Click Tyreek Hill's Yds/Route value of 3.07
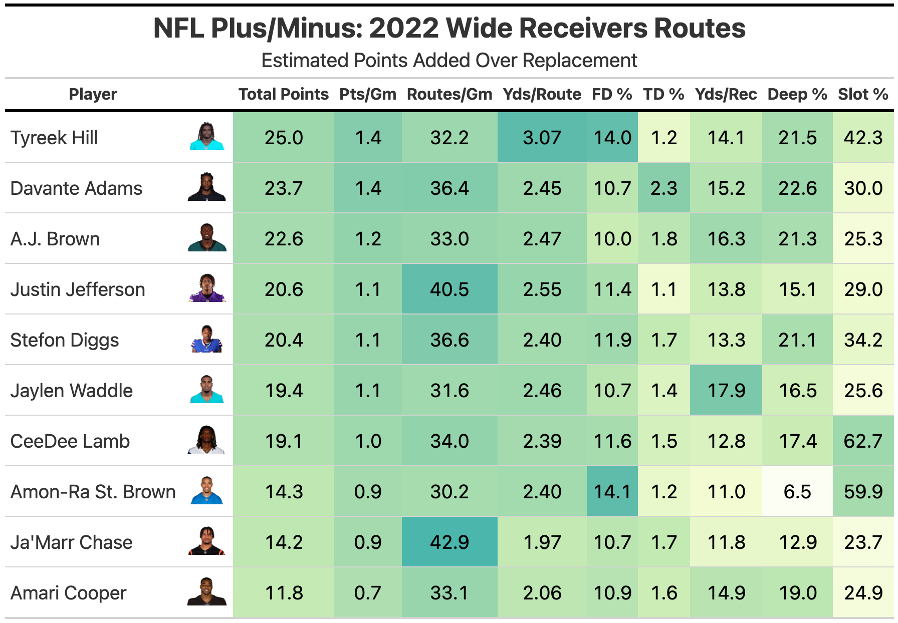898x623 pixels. pyautogui.click(x=542, y=138)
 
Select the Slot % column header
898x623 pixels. pyautogui.click(x=863, y=94)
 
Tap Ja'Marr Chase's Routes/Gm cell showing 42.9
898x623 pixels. pyautogui.click(x=450, y=542)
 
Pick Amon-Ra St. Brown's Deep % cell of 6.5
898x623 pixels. pyautogui.click(x=797, y=492)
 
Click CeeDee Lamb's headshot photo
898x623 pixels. pyautogui.click(x=206, y=440)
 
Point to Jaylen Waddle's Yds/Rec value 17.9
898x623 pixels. pyautogui.click(x=726, y=391)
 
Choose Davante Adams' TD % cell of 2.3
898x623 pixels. pyautogui.click(x=663, y=188)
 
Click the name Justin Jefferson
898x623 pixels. pyautogui.click(x=78, y=289)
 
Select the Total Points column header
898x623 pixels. pyautogui.click(x=283, y=94)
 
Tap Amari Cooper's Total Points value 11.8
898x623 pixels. pyautogui.click(x=284, y=593)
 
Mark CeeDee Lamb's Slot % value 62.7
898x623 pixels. pyautogui.click(x=863, y=441)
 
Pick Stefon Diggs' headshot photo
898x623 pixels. pyautogui.click(x=206, y=339)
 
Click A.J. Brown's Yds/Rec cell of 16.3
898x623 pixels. pyautogui.click(x=726, y=239)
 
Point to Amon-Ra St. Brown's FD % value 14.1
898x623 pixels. pyautogui.click(x=612, y=492)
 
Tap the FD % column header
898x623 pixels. pyautogui.click(x=612, y=94)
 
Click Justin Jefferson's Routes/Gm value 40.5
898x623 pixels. pyautogui.click(x=450, y=289)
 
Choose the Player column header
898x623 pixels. pyautogui.click(x=93, y=94)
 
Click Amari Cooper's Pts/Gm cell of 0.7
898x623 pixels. pyautogui.click(x=368, y=593)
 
